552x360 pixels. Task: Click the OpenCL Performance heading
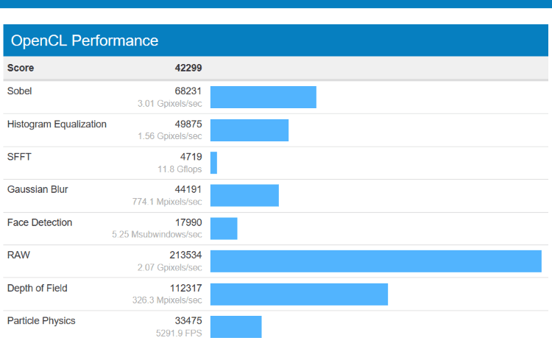coord(85,40)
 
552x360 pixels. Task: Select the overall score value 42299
coord(188,68)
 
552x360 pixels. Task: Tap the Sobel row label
coord(19,91)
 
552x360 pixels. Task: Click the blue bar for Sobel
coord(263,97)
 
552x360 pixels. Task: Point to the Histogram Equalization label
coord(57,124)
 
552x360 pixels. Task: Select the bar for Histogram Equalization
coord(250,130)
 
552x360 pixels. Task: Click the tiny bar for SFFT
coord(213,163)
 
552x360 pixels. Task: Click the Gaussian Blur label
coord(38,189)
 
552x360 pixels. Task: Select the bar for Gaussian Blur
coord(244,195)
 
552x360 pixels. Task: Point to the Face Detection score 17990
coord(188,222)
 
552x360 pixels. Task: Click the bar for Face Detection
coord(224,228)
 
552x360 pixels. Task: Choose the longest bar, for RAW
coord(376,261)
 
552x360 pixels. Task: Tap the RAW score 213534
coord(185,255)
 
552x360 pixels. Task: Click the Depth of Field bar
coord(299,294)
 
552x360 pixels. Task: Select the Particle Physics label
coord(41,320)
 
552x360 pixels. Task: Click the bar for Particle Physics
coord(236,327)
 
